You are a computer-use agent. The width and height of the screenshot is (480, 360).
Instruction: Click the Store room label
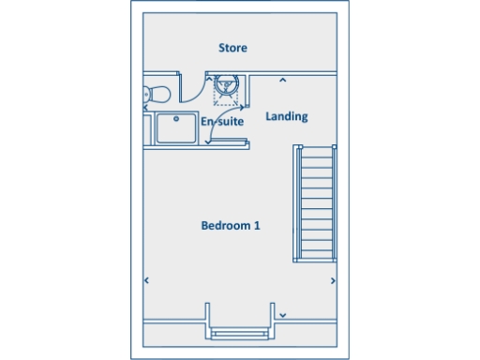pos(232,48)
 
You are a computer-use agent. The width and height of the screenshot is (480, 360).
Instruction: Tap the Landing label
pos(286,116)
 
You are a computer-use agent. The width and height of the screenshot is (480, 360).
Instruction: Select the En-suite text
pos(222,121)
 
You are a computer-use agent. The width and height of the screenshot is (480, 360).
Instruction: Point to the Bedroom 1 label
pos(231,226)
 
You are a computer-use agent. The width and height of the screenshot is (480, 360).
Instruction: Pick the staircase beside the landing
pos(316,202)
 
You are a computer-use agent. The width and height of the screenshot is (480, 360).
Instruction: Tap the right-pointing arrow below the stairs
pos(333,279)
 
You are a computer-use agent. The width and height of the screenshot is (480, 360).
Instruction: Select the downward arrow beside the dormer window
pos(282,314)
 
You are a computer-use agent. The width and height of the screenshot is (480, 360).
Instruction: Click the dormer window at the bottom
pos(240,331)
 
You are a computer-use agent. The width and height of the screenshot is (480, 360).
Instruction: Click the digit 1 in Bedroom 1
pos(257,226)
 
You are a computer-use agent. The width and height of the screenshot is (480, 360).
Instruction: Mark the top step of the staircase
pos(316,149)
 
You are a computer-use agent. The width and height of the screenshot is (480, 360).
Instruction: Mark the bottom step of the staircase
pos(316,257)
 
